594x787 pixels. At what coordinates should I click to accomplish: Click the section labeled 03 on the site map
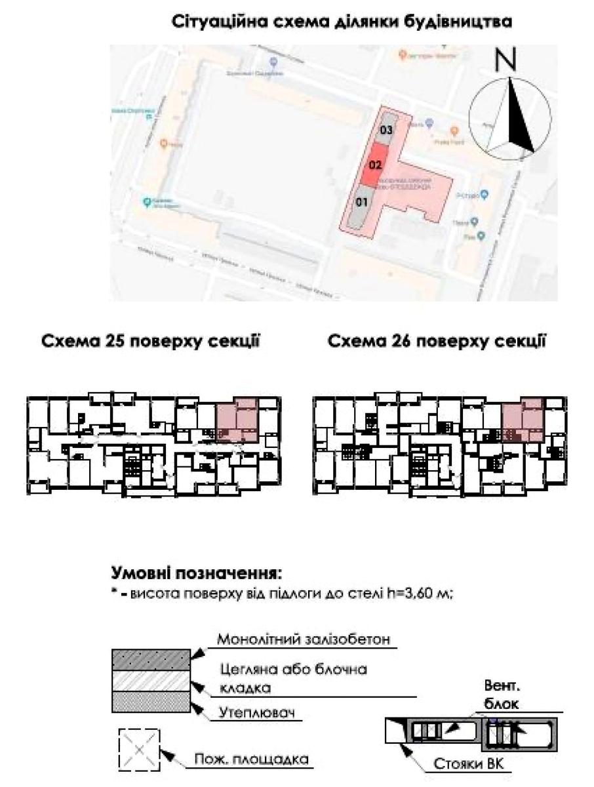tap(387, 131)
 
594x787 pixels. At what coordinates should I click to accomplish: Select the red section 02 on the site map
tap(375, 165)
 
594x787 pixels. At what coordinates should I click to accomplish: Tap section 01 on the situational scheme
tap(360, 203)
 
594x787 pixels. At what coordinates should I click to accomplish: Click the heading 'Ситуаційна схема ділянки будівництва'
tap(342, 22)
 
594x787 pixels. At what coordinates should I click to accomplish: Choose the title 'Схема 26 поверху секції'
tap(437, 342)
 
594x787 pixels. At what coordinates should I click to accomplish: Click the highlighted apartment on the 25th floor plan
tap(237, 420)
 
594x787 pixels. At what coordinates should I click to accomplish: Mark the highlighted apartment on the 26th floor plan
tap(523, 420)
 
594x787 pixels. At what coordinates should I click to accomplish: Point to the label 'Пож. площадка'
tap(251, 761)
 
